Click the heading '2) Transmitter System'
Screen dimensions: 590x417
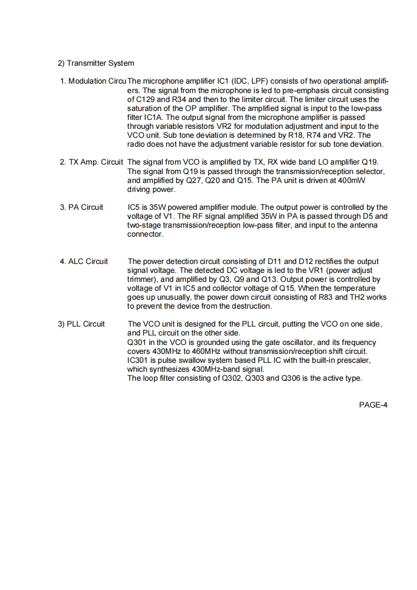coord(96,64)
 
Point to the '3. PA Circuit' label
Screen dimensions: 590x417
coord(82,207)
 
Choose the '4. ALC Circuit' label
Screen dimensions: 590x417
coord(84,261)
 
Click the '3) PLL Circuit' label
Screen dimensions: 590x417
coord(81,324)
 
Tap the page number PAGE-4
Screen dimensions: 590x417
coord(373,405)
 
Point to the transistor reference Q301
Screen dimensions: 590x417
coord(138,342)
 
